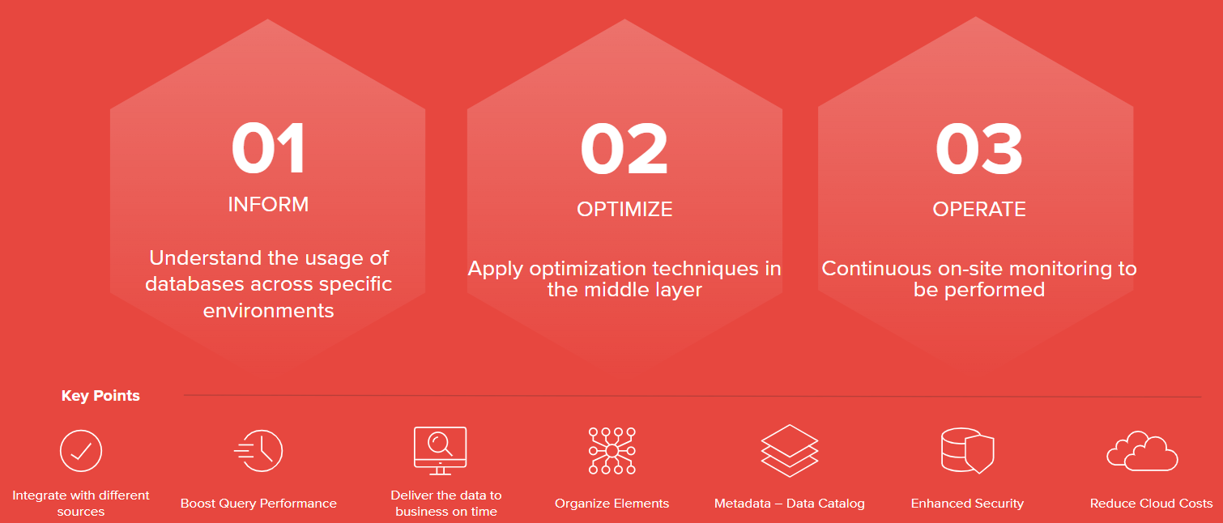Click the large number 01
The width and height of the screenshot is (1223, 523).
click(268, 148)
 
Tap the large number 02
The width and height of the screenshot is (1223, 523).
click(624, 148)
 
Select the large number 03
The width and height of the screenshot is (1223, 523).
click(979, 148)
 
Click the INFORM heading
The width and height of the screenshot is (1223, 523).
click(268, 204)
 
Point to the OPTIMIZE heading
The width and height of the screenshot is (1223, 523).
click(624, 209)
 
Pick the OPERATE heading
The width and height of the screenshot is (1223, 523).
click(979, 209)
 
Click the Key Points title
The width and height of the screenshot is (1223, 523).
click(100, 395)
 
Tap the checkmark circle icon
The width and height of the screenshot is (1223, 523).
click(81, 451)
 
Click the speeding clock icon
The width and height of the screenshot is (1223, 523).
click(258, 451)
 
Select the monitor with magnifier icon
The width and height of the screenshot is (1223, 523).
click(440, 451)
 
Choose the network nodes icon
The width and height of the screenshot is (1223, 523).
click(612, 451)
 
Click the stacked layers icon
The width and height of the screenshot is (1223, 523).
click(790, 451)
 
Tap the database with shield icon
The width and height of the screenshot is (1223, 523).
click(968, 451)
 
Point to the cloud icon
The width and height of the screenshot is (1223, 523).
click(1142, 451)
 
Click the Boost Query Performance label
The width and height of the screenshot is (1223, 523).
click(258, 504)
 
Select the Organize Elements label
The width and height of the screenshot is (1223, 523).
click(612, 504)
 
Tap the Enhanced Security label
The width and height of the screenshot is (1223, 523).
click(968, 504)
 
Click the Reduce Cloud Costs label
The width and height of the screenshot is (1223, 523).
click(1151, 504)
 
